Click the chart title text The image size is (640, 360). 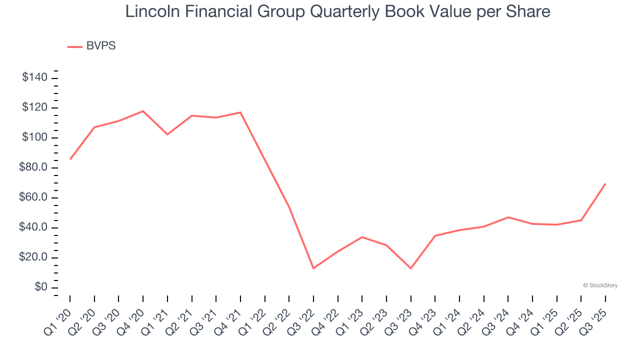coord(337,11)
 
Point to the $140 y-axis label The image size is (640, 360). coord(34,77)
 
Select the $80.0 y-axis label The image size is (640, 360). coord(33,167)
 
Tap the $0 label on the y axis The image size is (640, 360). coord(41,287)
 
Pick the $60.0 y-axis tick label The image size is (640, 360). coord(33,197)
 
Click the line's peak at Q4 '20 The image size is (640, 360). coord(143,111)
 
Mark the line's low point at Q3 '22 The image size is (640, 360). coord(313,268)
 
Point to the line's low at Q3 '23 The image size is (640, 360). coord(410,268)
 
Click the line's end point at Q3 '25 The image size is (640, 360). coord(605,184)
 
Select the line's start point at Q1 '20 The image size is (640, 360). coord(70,159)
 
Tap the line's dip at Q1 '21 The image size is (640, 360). coord(167,134)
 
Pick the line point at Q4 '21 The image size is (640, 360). coord(240,112)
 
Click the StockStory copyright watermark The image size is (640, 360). coord(600,285)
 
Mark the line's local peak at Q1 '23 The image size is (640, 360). coord(362,237)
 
